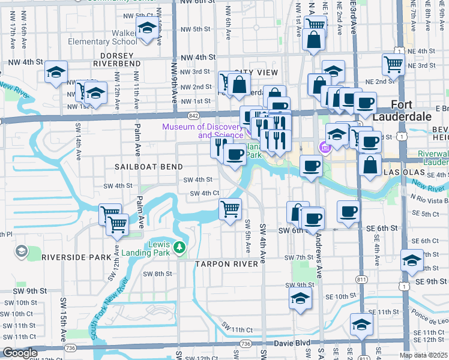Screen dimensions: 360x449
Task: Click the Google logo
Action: (20, 353)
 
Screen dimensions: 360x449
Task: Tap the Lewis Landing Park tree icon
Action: (179, 247)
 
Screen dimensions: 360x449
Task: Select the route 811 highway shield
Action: (361, 280)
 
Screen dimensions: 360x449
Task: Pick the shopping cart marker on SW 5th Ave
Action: (231, 209)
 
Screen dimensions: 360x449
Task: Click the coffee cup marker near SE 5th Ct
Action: (349, 211)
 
